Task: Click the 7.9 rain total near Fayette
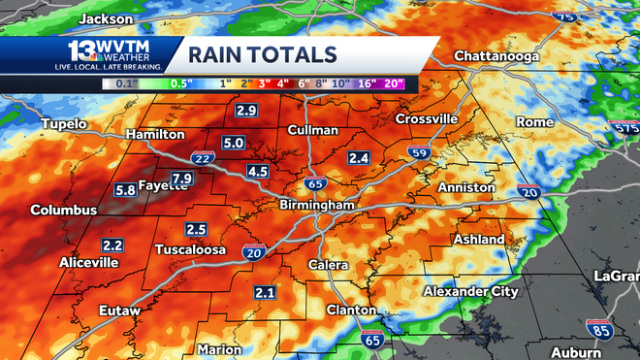click(x=181, y=178)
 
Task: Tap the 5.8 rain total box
click(x=125, y=190)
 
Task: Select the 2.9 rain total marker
click(x=246, y=112)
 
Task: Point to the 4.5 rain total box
click(x=257, y=172)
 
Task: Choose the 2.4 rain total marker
click(x=359, y=157)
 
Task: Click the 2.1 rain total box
click(x=265, y=292)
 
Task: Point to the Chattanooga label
click(x=495, y=55)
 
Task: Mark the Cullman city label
click(x=313, y=130)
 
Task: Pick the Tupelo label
click(x=64, y=124)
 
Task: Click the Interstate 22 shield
click(x=204, y=159)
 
